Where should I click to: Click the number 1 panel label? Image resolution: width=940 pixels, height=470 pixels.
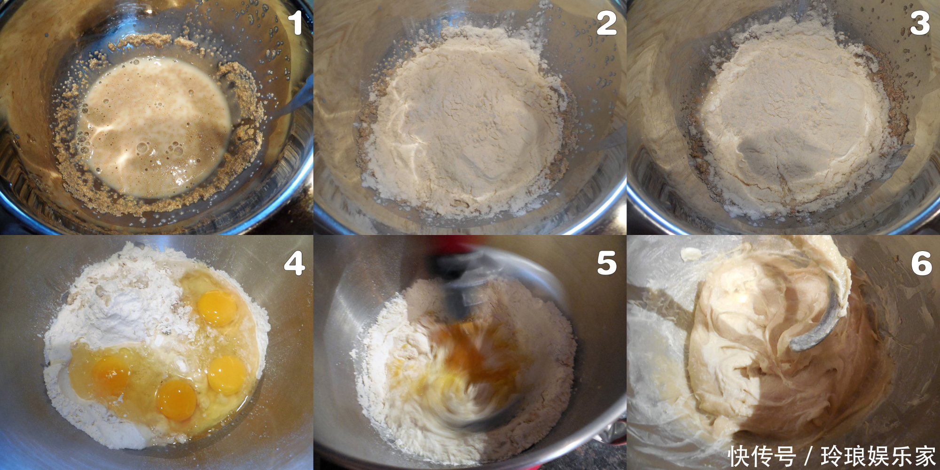[x=295, y=23]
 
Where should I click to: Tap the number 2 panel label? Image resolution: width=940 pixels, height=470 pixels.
[x=606, y=23]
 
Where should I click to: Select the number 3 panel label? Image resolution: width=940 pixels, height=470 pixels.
[x=920, y=23]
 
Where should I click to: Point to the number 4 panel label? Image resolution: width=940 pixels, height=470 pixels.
[x=294, y=263]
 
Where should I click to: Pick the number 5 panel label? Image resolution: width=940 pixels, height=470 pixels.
[x=607, y=263]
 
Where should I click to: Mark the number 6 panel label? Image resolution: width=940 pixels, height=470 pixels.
[x=921, y=263]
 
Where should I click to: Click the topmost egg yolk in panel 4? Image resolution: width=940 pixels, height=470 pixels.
[x=217, y=307]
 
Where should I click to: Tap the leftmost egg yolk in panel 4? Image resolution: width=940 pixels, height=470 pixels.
[x=111, y=374]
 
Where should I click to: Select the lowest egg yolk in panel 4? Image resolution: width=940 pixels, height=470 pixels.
[x=176, y=399]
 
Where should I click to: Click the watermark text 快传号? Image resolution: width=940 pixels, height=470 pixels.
[x=762, y=456]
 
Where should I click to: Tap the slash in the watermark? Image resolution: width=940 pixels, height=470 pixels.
[x=808, y=456]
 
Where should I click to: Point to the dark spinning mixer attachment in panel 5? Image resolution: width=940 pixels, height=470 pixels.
[x=458, y=282]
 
